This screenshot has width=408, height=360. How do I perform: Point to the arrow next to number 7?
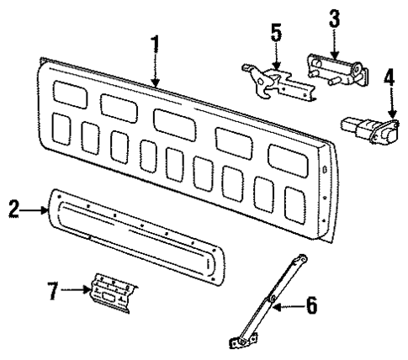coord(78,291)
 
